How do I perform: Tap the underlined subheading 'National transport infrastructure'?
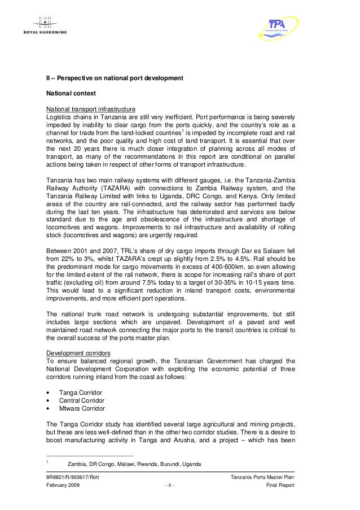point(90,106)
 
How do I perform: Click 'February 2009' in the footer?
point(64,485)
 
